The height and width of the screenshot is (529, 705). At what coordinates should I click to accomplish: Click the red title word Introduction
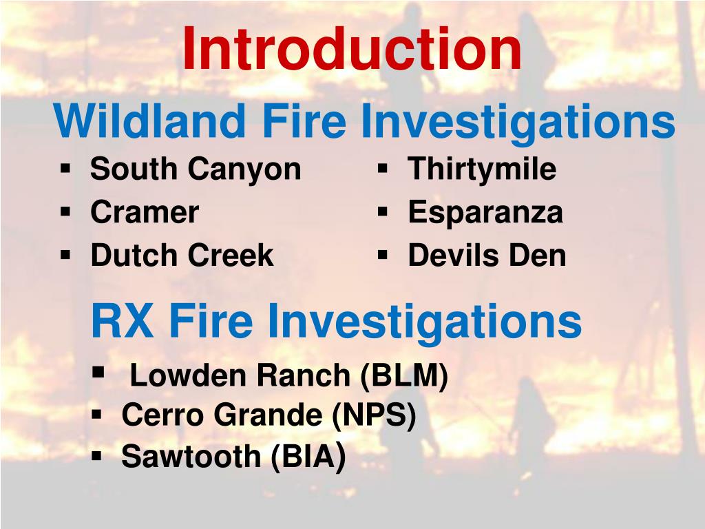tap(352, 50)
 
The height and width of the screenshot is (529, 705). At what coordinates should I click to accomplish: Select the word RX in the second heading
tap(122, 321)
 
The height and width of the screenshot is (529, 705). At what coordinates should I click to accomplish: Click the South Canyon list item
tap(196, 169)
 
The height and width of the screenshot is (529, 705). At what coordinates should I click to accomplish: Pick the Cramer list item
tap(145, 212)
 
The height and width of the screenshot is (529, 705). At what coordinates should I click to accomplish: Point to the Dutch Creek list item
tap(182, 256)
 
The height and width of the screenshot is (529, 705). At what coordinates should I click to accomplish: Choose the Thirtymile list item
tap(482, 169)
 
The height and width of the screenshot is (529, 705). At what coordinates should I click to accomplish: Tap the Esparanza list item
tap(485, 212)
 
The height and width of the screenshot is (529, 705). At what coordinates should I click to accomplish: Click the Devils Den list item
tap(487, 256)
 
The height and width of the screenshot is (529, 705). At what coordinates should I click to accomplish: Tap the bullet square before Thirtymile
tap(383, 167)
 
